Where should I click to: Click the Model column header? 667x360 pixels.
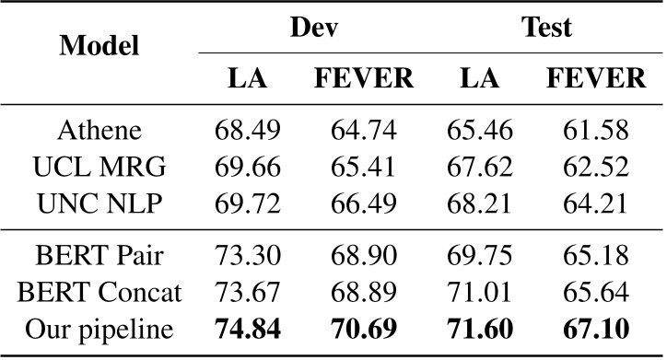tap(99, 46)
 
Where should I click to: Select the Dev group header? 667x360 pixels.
tap(312, 27)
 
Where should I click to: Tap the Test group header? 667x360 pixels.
tap(546, 27)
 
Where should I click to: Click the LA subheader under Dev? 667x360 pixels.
tap(247, 79)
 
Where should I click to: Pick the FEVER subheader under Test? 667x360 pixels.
tap(595, 79)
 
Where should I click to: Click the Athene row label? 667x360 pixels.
tap(99, 130)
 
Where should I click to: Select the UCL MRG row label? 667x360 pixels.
tap(99, 167)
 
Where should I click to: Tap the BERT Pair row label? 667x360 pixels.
tap(99, 255)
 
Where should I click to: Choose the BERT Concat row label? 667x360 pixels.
tap(99, 292)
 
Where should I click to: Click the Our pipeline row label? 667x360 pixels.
tap(99, 329)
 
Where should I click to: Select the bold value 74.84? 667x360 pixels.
tap(247, 329)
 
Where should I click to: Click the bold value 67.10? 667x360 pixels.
tap(595, 329)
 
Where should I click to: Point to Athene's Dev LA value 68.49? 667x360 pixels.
tap(247, 130)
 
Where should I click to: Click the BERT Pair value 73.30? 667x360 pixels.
tap(247, 255)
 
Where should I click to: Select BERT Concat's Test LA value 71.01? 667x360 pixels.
tap(479, 292)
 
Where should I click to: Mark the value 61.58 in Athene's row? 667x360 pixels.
tap(595, 130)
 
